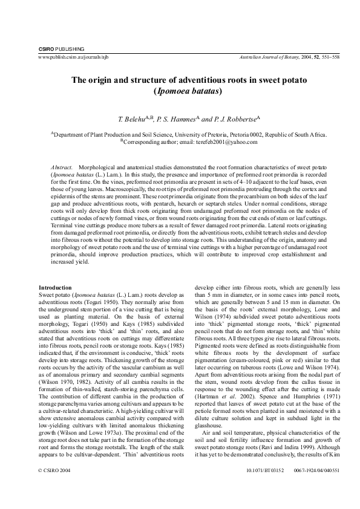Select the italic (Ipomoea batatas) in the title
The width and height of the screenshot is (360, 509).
[189, 91]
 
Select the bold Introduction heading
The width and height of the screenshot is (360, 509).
[56, 287]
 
